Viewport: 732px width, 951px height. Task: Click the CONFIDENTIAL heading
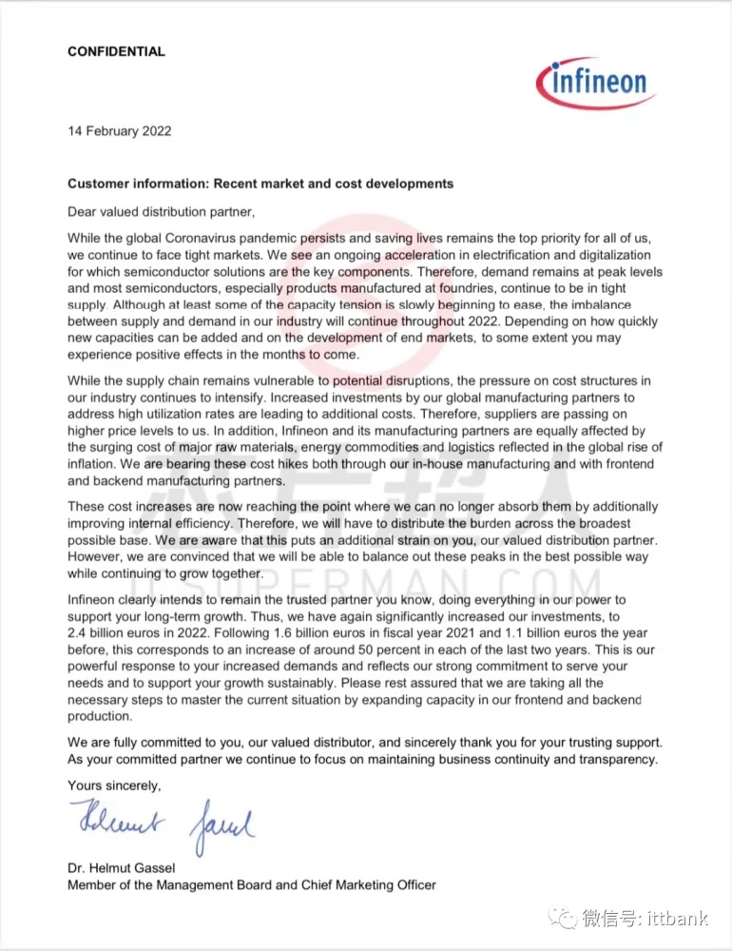(116, 51)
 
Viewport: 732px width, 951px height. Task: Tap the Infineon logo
(596, 84)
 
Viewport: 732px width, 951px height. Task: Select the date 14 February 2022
(119, 131)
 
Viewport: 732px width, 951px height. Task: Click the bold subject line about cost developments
(260, 184)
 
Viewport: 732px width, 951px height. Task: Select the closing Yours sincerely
(114, 786)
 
